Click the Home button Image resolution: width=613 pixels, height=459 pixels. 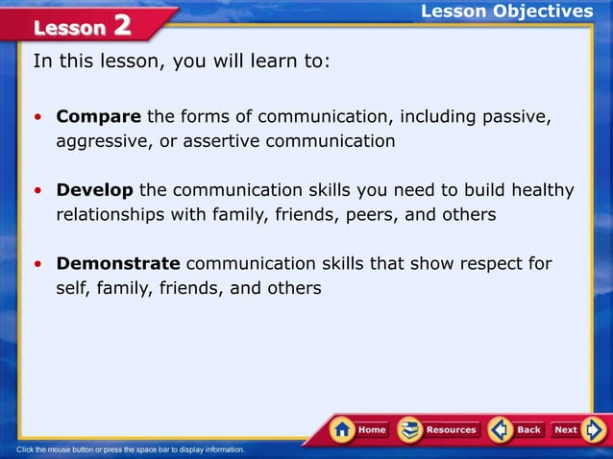tap(358, 430)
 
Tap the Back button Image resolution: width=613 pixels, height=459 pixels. tap(516, 430)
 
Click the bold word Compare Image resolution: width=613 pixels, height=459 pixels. tap(99, 117)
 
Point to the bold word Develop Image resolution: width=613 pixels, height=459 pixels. tap(95, 190)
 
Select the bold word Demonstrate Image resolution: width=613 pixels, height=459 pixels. tap(118, 263)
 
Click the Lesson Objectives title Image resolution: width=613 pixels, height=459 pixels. tap(507, 12)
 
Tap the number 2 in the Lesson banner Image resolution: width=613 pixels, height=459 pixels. tap(122, 25)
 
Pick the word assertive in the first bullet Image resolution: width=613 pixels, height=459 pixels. tap(204, 142)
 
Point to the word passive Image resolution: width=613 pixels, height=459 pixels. tap(516, 117)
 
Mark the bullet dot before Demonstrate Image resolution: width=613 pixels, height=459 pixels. tap(37, 264)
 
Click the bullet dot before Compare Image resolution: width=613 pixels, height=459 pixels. tap(37, 118)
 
